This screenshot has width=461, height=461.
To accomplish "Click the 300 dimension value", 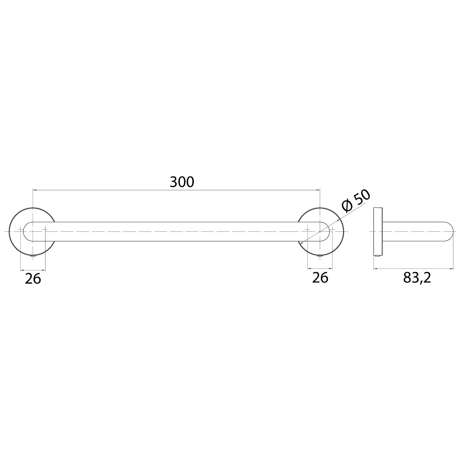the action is click(182, 182).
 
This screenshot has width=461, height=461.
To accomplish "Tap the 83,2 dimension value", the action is click(417, 278).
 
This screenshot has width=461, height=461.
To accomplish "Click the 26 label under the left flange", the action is click(33, 279).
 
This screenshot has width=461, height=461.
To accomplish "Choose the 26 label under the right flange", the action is click(320, 278).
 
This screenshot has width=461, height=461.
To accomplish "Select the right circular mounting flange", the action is click(344, 231).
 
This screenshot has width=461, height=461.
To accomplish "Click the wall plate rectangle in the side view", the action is click(377, 231).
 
